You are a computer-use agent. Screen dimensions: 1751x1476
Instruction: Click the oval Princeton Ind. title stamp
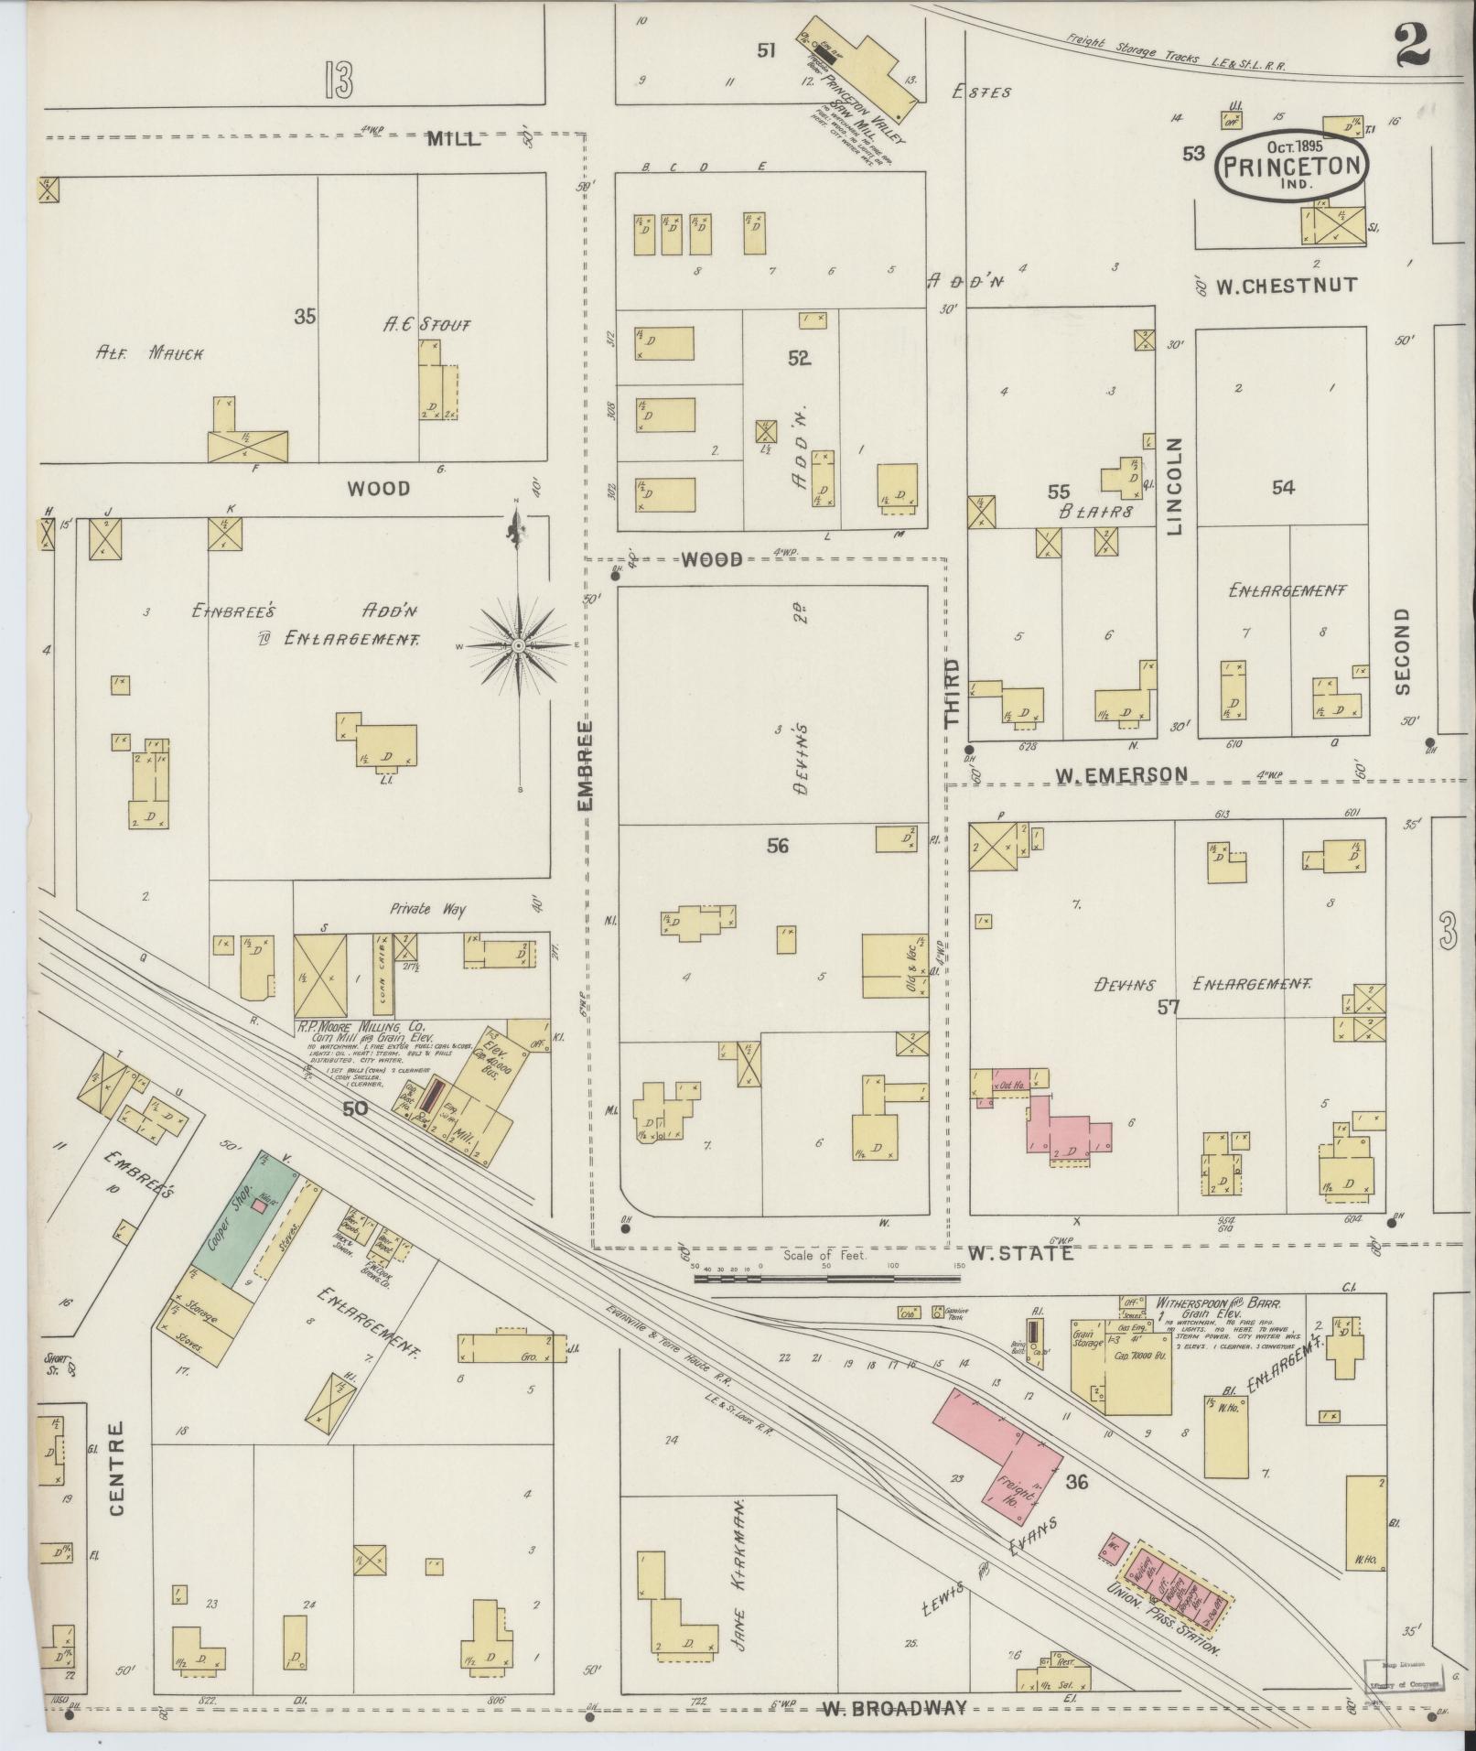click(1291, 165)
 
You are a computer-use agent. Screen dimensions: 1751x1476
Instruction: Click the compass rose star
click(518, 646)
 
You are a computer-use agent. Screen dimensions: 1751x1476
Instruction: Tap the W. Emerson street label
click(1121, 775)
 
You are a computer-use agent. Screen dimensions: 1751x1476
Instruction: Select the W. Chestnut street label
click(1286, 286)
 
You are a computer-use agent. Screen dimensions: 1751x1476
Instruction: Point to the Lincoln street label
click(1175, 486)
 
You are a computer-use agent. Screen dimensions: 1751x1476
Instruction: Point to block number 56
click(777, 846)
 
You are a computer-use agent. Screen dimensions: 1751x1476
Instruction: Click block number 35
click(305, 317)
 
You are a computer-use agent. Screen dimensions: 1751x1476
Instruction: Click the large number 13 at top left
click(338, 83)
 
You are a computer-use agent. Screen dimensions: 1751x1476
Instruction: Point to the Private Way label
click(427, 910)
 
